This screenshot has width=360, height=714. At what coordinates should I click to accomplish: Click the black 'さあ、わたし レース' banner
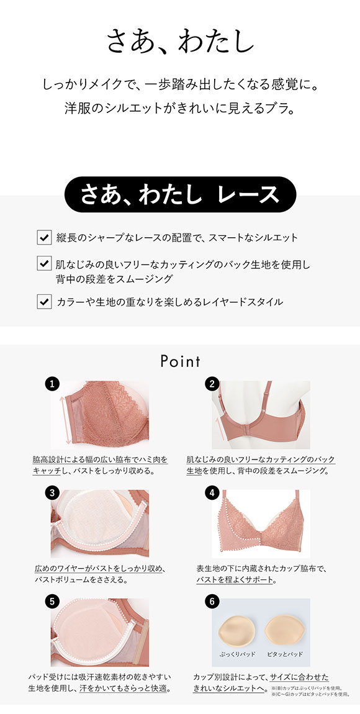tap(180, 195)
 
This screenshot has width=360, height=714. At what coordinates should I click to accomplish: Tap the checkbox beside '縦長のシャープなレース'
tap(44, 237)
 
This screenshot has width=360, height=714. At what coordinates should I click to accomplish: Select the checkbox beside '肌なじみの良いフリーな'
tap(44, 263)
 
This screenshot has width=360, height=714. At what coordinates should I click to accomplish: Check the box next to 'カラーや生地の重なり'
tap(44, 302)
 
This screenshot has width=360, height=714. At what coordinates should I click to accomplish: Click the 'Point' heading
tap(180, 361)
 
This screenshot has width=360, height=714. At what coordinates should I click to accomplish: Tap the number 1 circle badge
tap(53, 384)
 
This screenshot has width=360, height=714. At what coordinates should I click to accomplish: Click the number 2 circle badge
tap(212, 384)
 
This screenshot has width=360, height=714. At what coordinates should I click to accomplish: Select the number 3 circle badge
tap(53, 493)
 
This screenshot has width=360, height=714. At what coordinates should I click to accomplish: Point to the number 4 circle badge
tap(212, 493)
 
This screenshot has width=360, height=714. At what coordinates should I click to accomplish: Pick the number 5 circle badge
tap(53, 601)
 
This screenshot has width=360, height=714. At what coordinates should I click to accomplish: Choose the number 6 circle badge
tap(212, 601)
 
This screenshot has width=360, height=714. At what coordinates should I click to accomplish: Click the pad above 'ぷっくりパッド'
tap(238, 630)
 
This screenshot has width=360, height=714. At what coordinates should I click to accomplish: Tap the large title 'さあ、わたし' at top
tap(180, 41)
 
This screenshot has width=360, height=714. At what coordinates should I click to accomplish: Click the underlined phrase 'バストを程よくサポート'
tap(235, 581)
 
